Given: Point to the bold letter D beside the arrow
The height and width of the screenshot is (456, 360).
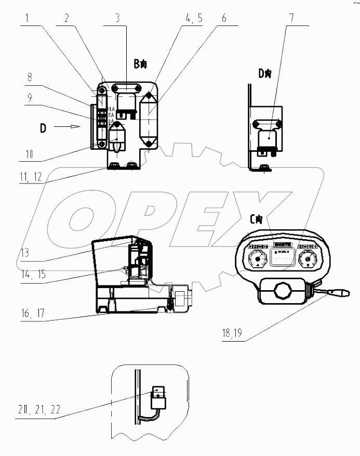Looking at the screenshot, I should (43, 127).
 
